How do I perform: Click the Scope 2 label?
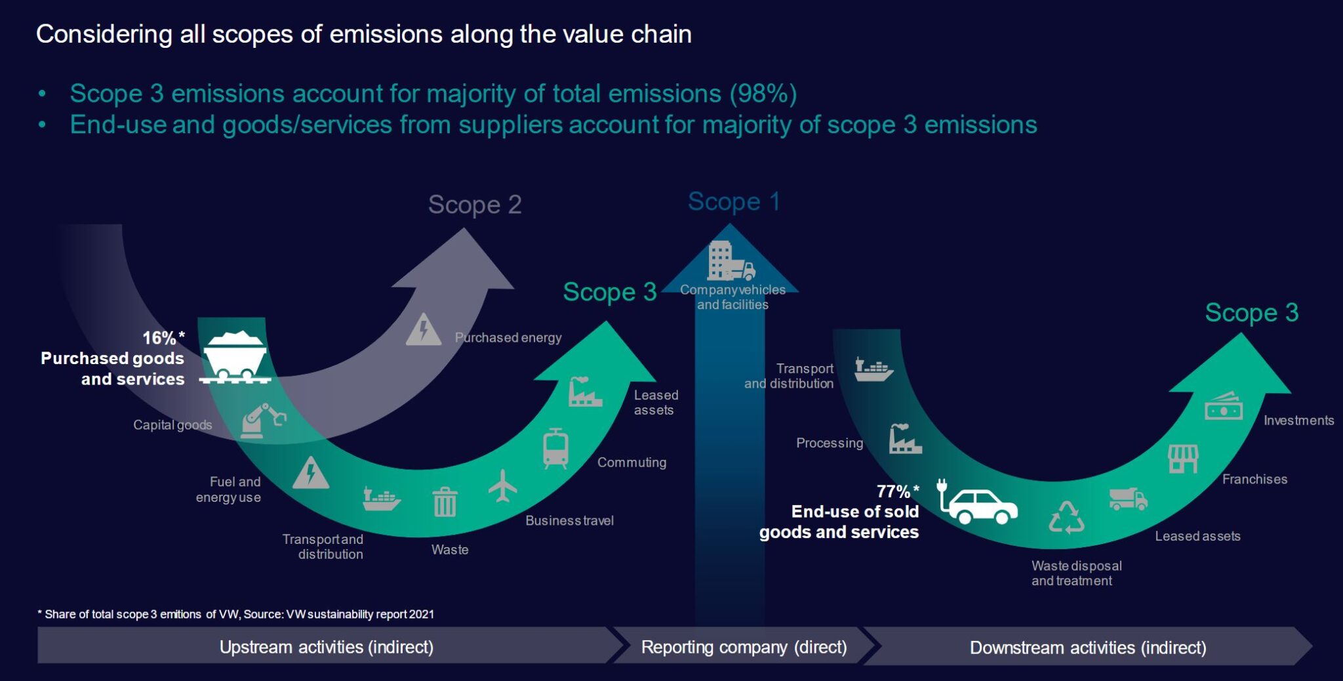[x=475, y=205]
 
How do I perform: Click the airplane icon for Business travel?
[x=503, y=486]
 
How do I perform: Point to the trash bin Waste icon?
[x=445, y=503]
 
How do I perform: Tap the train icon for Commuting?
[x=555, y=449]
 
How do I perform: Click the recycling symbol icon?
[x=1066, y=518]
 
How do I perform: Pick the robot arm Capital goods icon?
[x=262, y=421]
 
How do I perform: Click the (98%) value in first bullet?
[x=763, y=94]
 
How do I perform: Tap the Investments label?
[x=1298, y=421]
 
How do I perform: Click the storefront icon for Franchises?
[x=1183, y=459]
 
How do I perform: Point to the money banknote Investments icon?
[x=1224, y=407]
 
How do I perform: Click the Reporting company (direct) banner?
[x=744, y=647]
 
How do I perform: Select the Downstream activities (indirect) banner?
[x=1087, y=648]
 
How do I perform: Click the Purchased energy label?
[x=508, y=338]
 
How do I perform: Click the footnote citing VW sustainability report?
[x=236, y=614]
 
